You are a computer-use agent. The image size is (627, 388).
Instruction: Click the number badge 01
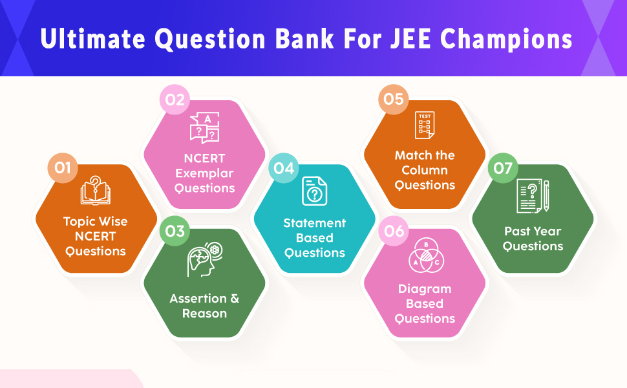[62, 168]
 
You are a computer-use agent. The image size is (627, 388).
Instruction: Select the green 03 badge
[175, 231]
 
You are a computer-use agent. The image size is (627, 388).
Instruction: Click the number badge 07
[502, 168]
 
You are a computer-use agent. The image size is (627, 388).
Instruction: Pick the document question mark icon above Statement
[315, 191]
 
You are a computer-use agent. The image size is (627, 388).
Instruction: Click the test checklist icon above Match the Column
[425, 125]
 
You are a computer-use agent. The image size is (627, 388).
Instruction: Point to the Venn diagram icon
[425, 257]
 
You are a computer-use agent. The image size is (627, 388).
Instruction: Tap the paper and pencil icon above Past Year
[533, 197]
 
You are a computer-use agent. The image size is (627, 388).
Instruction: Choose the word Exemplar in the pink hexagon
[204, 174]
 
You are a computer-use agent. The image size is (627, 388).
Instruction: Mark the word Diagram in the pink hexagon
[425, 289]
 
